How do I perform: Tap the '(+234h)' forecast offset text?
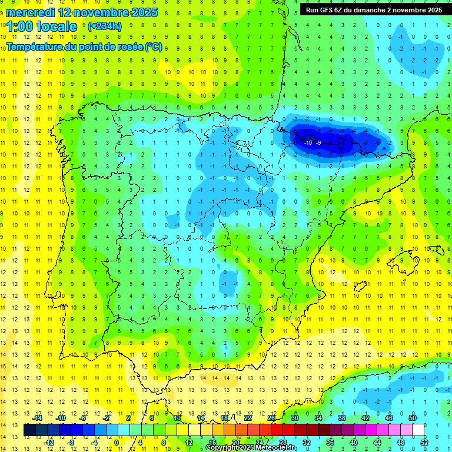point(105,26)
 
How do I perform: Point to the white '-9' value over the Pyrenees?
point(318,142)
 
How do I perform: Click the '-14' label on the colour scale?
point(38,417)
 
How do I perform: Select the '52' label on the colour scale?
point(424,443)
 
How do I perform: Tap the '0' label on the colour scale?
point(117,443)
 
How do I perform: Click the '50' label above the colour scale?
point(413,417)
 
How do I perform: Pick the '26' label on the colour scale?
point(271,417)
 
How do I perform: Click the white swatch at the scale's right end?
point(418,430)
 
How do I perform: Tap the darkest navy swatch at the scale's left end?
point(29,430)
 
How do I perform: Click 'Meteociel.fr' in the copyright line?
point(276,448)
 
